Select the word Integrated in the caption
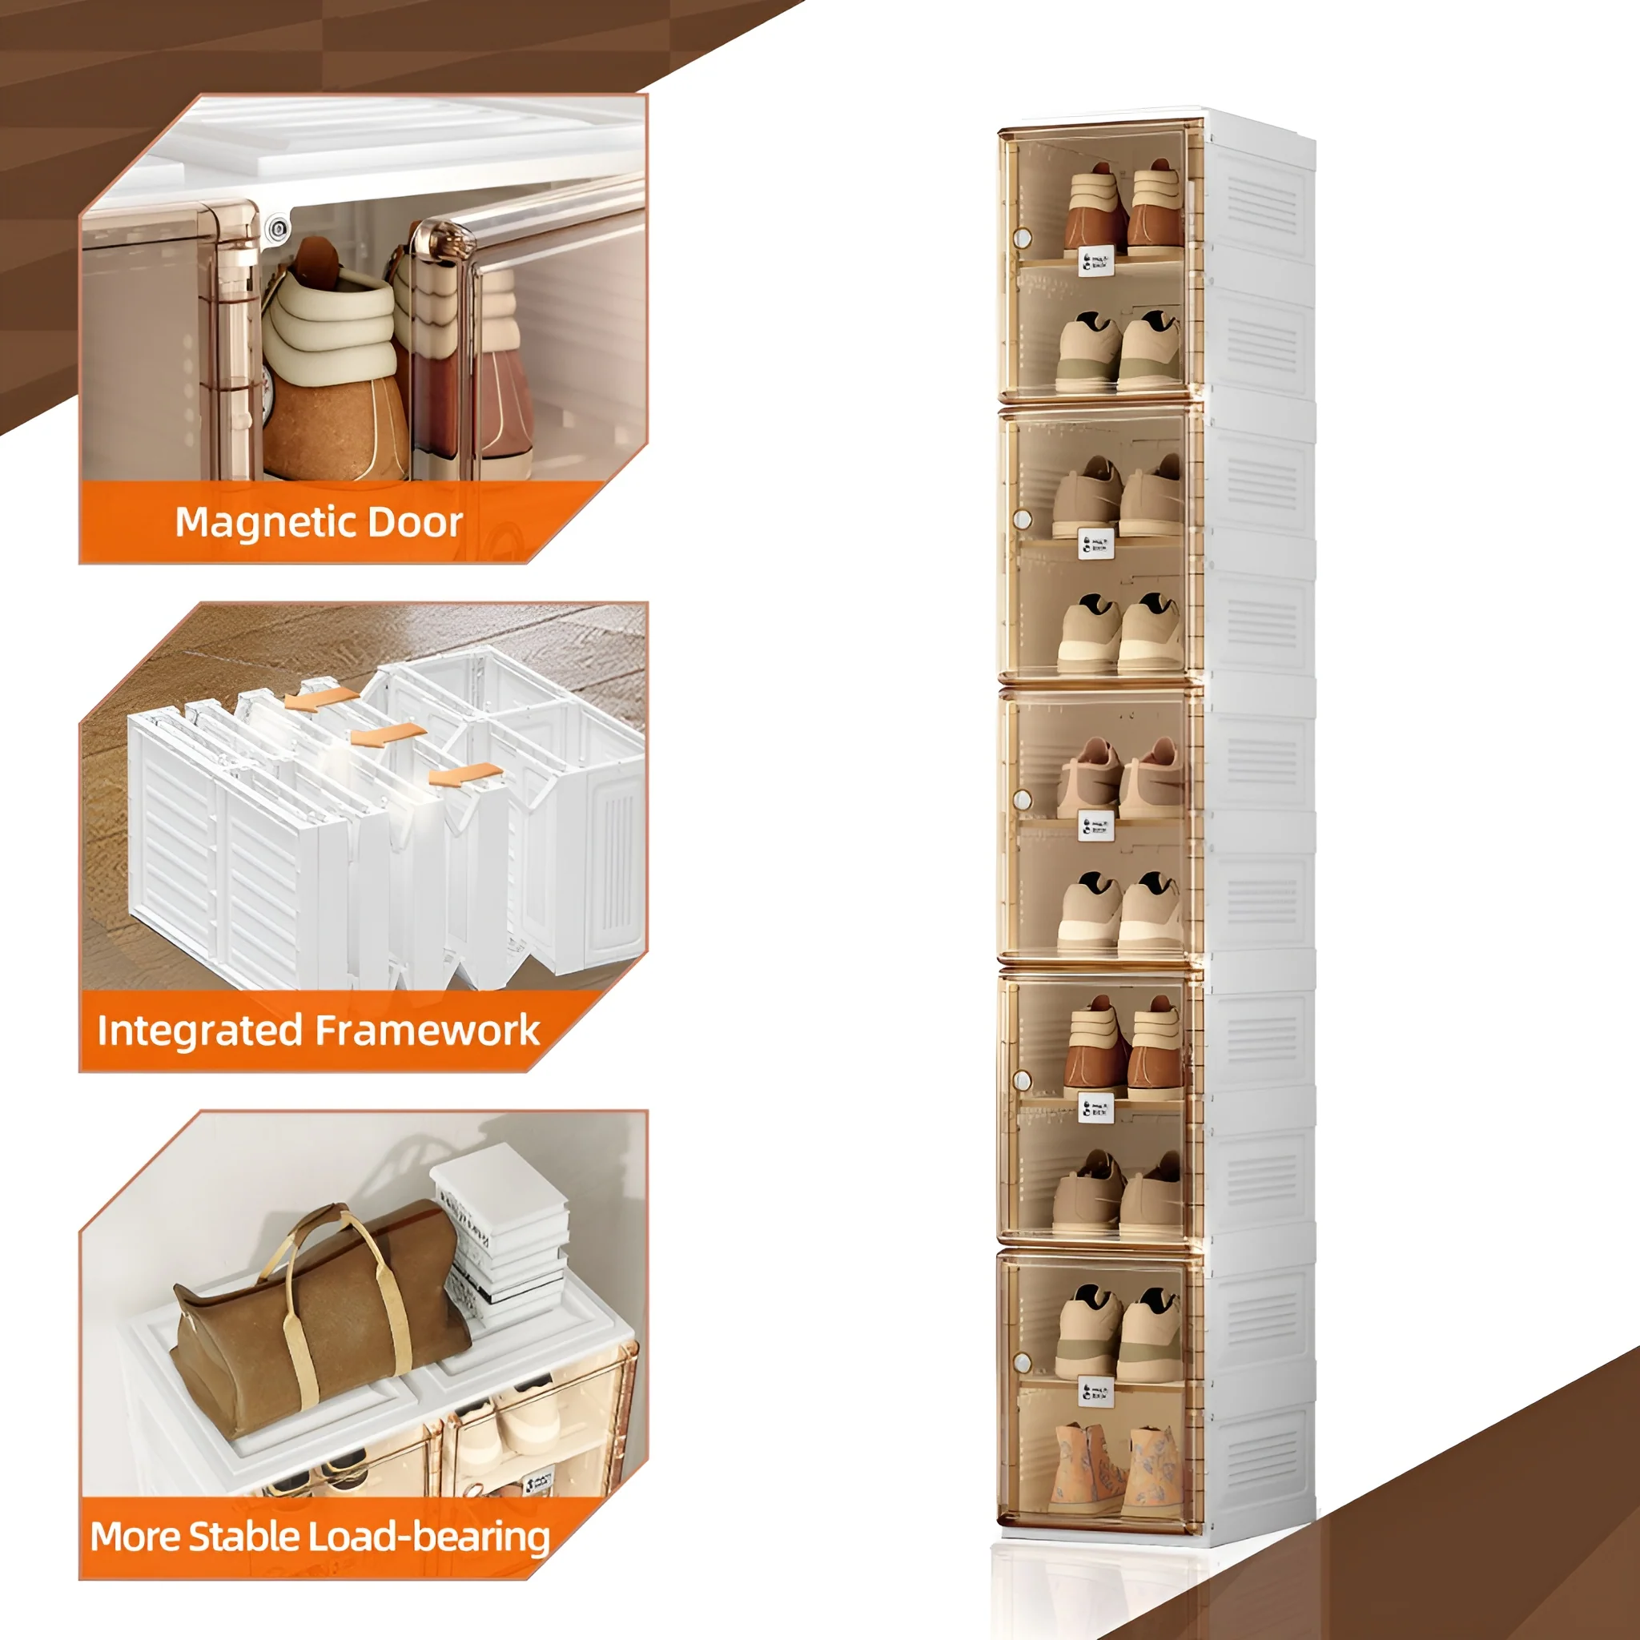pyautogui.click(x=199, y=1031)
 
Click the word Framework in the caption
pyautogui.click(x=427, y=1031)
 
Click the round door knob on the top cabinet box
pyautogui.click(x=1023, y=238)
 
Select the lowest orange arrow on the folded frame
pyautogui.click(x=465, y=774)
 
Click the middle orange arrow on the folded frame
pyautogui.click(x=388, y=734)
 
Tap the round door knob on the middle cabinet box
pyautogui.click(x=1023, y=800)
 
